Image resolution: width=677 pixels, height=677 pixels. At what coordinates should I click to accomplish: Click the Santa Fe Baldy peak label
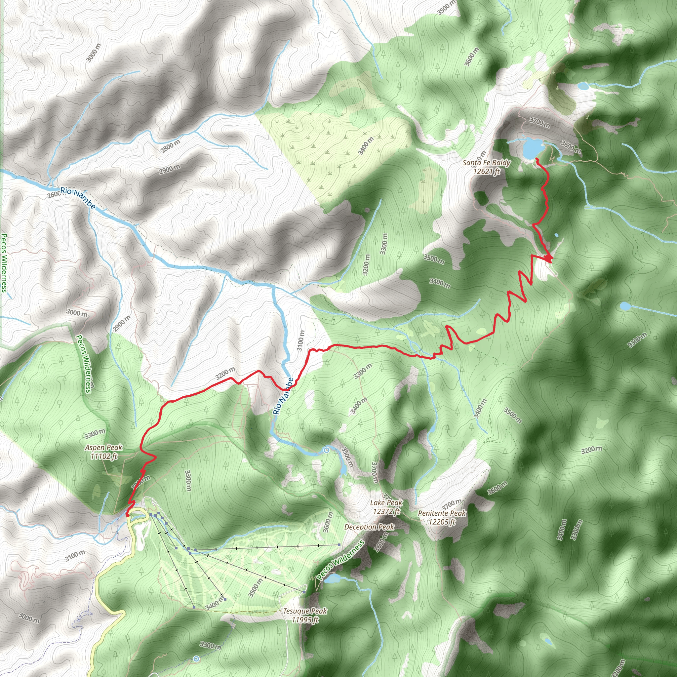(486, 167)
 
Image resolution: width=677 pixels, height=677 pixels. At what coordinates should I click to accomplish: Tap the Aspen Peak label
(104, 452)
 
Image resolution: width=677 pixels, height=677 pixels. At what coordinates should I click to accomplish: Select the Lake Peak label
(386, 507)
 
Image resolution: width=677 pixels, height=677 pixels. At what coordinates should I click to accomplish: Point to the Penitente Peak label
(442, 517)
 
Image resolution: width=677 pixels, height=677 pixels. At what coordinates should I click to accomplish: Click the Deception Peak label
(369, 527)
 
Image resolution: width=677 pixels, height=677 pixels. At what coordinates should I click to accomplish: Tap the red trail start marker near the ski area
(127, 514)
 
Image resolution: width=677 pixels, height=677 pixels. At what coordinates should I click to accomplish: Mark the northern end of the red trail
(537, 159)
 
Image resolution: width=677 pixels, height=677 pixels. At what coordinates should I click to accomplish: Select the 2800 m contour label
(170, 146)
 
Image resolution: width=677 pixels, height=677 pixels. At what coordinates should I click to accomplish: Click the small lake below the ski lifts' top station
(333, 578)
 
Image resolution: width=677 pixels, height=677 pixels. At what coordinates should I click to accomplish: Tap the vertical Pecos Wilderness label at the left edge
(4, 263)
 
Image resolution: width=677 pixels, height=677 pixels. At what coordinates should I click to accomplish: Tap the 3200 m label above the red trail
(225, 374)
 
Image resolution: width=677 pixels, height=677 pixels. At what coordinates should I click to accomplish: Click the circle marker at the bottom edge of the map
(196, 659)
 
